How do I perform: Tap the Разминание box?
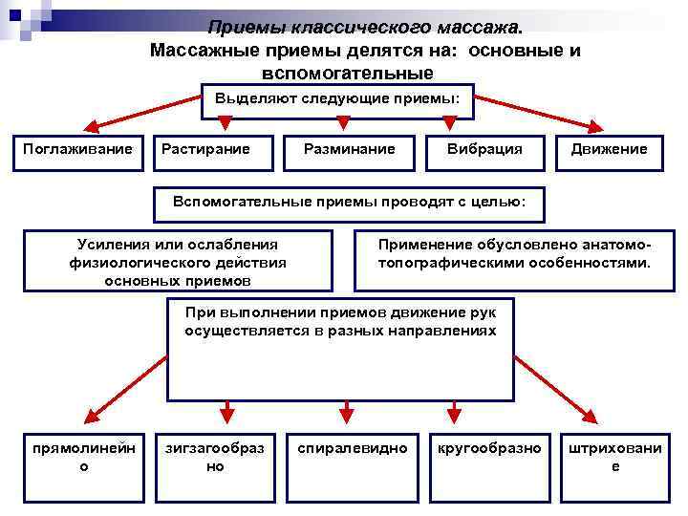[x=349, y=150]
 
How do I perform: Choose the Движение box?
[x=609, y=150]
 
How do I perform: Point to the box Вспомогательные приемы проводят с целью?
[x=349, y=204]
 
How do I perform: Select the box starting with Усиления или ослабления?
[x=178, y=261]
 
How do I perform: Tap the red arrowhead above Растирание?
[x=225, y=122]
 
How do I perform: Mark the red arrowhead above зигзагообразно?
[x=226, y=414]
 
